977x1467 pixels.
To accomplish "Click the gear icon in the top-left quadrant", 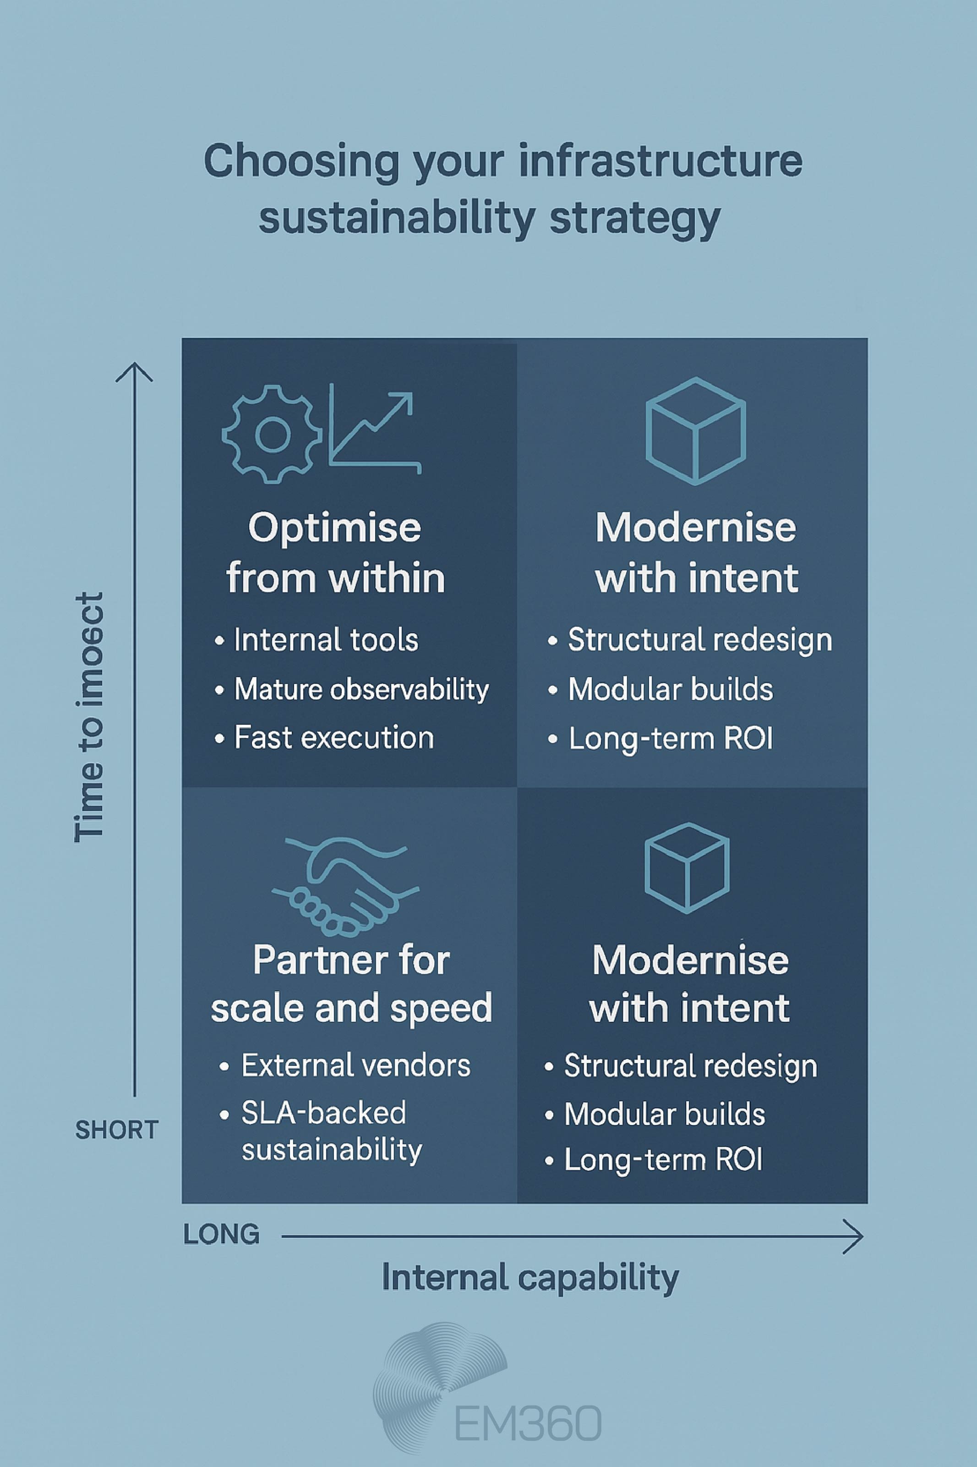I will (x=272, y=435).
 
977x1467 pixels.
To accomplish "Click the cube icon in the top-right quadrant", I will (x=695, y=431).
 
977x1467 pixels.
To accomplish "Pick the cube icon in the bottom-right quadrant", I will (x=687, y=868).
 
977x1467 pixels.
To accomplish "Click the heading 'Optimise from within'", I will (x=335, y=552).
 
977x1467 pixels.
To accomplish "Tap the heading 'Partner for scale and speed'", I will (x=351, y=984).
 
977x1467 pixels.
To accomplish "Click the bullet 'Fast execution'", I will (x=333, y=738).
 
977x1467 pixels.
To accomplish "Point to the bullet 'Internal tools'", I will (x=325, y=640).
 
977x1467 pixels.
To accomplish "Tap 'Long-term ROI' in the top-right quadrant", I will (x=670, y=739).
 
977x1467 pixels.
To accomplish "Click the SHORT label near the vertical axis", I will (x=116, y=1130).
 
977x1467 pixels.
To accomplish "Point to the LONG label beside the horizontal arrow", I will (x=221, y=1235).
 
